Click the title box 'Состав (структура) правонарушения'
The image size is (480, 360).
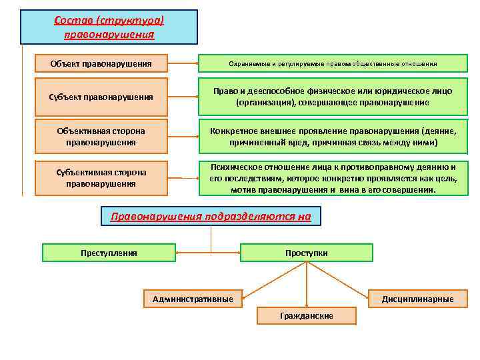[x=109, y=27]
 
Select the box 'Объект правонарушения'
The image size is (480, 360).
[x=101, y=64]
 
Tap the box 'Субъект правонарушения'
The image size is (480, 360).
[x=101, y=97]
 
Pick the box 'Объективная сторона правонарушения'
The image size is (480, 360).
[x=101, y=137]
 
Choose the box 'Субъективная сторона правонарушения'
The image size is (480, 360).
[x=101, y=178]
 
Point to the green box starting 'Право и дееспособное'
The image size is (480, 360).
[x=333, y=97]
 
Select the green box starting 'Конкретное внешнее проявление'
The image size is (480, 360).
[x=333, y=137]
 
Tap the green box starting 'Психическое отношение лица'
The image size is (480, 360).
[x=333, y=178]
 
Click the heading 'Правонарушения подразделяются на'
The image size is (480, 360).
[x=211, y=217]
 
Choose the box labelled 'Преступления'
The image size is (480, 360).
[x=109, y=253]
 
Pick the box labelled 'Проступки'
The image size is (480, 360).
[x=306, y=253]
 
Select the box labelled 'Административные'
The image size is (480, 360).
[x=193, y=299]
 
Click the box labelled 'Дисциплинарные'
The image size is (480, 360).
[x=417, y=299]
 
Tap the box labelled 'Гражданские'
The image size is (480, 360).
[x=307, y=315]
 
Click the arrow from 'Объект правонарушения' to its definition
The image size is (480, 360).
[x=183, y=64]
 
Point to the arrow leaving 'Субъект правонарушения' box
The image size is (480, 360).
[x=183, y=97]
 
